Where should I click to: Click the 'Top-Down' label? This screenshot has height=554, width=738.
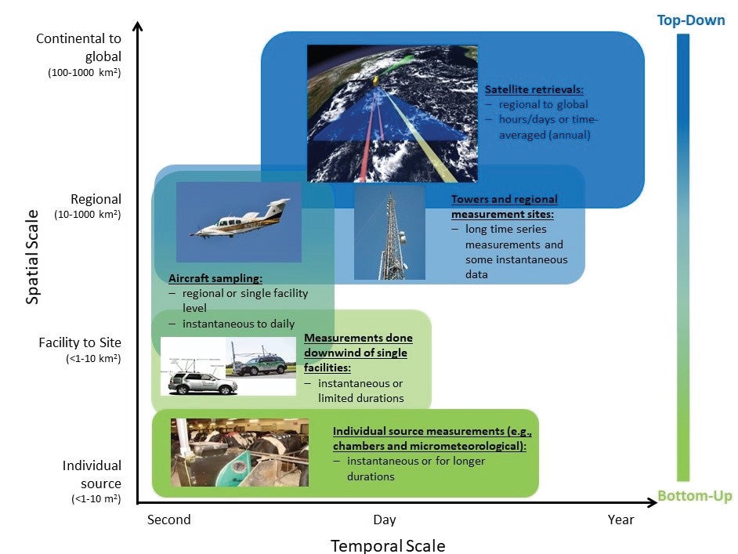[x=690, y=20]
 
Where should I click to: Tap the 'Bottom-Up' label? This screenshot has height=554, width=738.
[x=694, y=496]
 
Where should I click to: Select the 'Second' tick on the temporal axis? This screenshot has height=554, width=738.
[x=168, y=520]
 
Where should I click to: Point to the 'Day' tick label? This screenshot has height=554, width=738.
[x=384, y=520]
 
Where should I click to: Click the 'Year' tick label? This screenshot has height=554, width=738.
[x=620, y=520]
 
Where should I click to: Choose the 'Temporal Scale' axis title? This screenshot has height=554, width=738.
[x=387, y=545]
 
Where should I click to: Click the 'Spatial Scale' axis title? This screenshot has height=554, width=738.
[x=32, y=256]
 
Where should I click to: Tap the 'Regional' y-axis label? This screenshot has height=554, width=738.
[x=96, y=199]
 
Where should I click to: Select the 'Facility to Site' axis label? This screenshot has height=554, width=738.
[x=80, y=342]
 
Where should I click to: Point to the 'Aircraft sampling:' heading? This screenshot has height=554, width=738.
[x=215, y=278]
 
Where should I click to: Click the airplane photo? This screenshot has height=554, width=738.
[x=239, y=222]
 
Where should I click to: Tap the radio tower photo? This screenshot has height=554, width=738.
[x=389, y=232]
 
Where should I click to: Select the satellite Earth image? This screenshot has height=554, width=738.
[x=392, y=113]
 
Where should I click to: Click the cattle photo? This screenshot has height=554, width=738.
[x=239, y=452]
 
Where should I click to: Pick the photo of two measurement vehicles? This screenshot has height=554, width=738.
[x=228, y=367]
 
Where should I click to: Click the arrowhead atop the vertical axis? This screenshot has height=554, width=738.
[x=138, y=27]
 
